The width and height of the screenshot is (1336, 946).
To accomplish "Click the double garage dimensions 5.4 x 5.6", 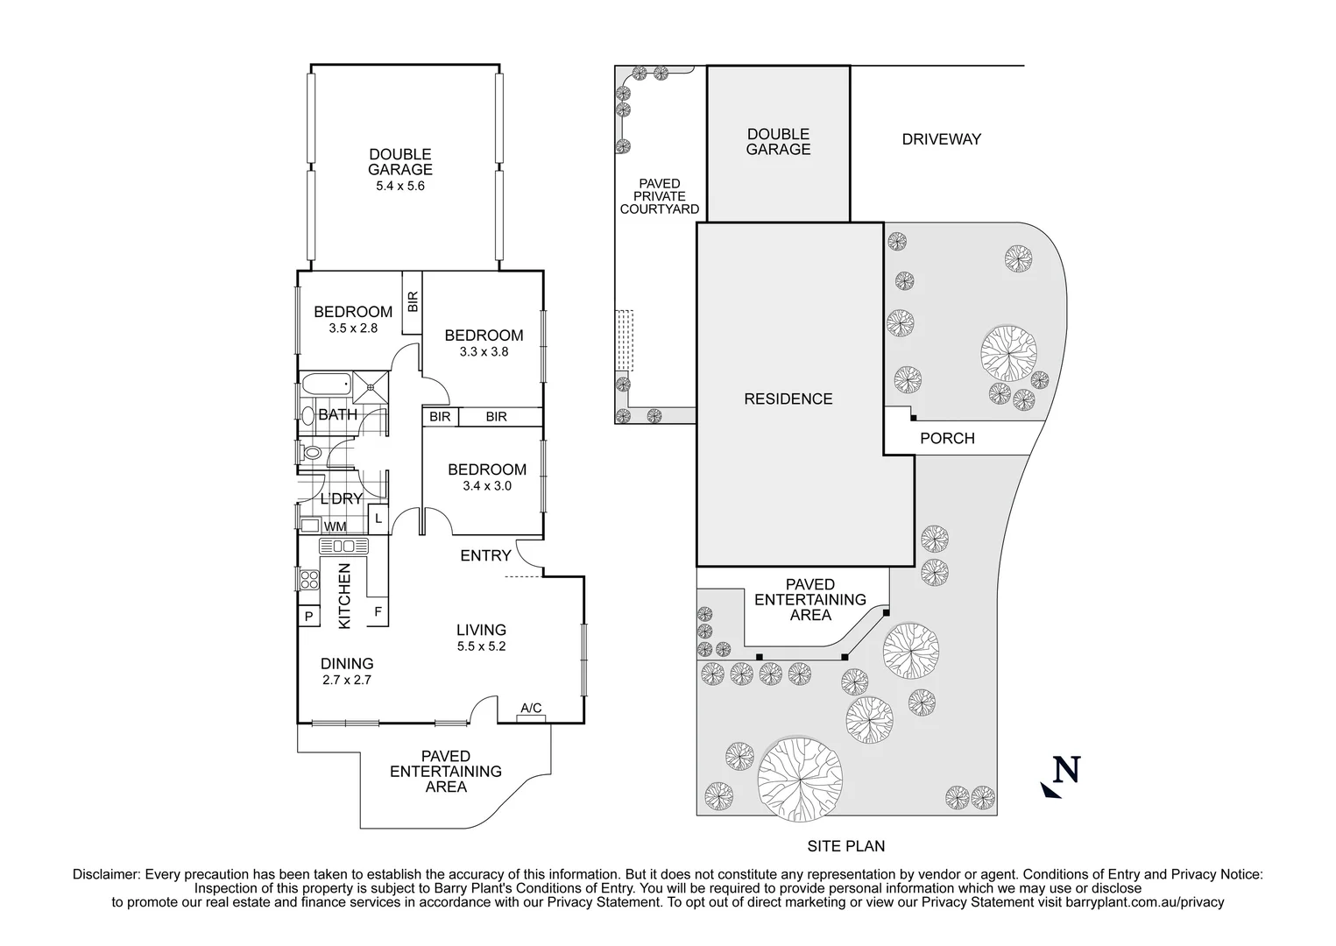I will (399, 186).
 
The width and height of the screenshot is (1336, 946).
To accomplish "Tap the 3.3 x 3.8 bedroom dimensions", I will (484, 351).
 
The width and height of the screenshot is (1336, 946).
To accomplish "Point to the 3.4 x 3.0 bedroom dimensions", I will (485, 485).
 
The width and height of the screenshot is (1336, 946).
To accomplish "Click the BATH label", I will (337, 414).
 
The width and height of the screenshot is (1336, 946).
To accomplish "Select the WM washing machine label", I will (336, 526).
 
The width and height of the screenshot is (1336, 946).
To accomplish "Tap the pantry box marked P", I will (308, 617).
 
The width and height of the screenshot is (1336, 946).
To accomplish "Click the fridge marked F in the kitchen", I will (378, 611).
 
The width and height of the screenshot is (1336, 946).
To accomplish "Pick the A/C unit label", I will (531, 708).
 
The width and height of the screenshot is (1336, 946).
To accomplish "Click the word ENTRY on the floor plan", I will (485, 555).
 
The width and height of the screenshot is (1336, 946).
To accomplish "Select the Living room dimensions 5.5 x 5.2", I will (481, 646).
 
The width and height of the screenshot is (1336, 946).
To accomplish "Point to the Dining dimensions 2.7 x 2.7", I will (347, 679).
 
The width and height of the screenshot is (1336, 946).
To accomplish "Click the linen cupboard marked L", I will (378, 518).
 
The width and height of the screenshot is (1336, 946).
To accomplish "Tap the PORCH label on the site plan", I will (947, 438).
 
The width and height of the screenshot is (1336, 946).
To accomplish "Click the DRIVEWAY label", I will (941, 138).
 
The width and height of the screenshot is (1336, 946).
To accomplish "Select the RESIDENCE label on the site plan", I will (788, 399).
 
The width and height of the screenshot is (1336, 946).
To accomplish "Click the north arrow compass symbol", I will (1061, 774).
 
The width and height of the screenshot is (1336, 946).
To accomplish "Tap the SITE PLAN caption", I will (845, 846).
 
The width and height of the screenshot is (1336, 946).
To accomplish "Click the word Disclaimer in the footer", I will (106, 874).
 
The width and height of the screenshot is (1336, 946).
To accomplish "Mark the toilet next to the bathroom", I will (310, 453).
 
